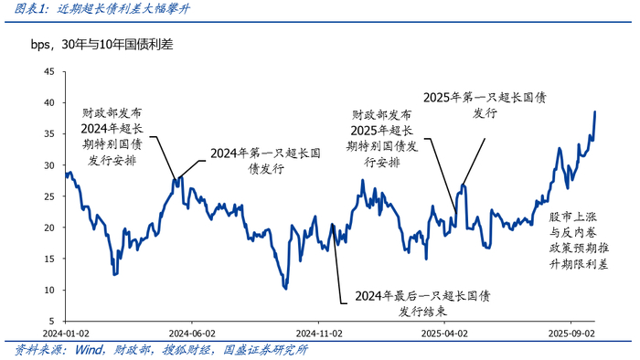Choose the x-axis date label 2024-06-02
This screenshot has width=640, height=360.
coord(190,334)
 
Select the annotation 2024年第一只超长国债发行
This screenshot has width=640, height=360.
coord(259,161)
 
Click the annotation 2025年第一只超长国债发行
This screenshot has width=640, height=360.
coord(484,104)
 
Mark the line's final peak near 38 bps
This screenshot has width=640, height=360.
coord(594,112)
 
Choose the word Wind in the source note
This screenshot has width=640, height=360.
coord(90,350)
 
